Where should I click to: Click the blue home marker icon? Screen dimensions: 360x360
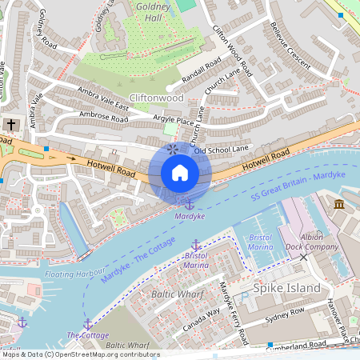[180, 173]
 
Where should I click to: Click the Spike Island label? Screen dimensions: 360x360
[286, 288]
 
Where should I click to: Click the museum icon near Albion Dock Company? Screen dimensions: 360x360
[339, 206]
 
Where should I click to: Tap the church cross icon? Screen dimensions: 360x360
[11, 125]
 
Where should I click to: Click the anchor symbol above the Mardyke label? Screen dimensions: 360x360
[190, 206]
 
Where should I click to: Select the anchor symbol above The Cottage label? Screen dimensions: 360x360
[88, 324]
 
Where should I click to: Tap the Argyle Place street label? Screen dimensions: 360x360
[174, 121]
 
